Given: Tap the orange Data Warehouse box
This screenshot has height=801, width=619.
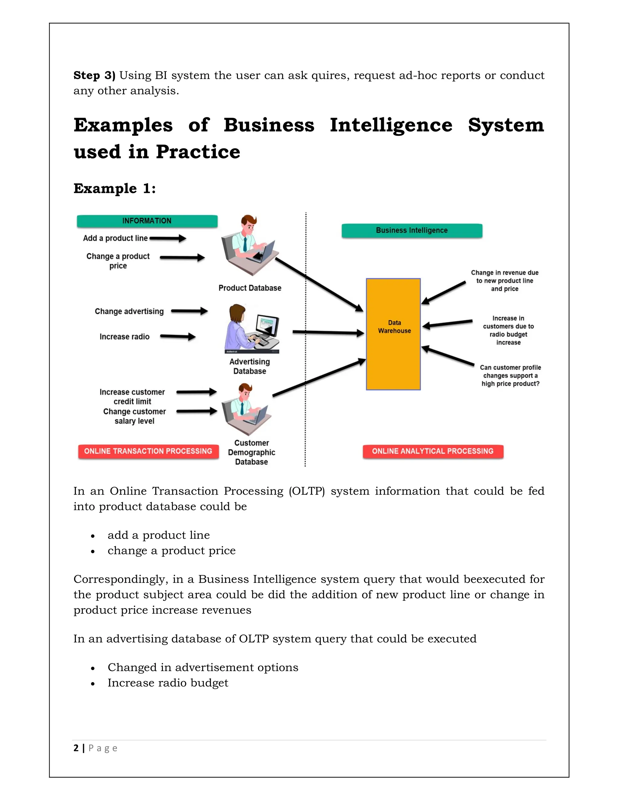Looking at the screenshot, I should [x=393, y=334].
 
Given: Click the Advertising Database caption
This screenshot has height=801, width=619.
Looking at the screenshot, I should [x=250, y=366].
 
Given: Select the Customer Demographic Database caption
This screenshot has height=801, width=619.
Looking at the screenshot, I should [x=251, y=452].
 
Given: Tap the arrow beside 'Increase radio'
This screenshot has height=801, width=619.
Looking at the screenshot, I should [x=178, y=337].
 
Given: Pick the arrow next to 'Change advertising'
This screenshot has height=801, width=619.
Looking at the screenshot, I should [x=189, y=311].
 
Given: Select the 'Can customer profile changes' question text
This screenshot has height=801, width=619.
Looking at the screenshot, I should [x=510, y=375].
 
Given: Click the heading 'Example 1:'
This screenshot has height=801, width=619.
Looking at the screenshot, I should [x=115, y=189].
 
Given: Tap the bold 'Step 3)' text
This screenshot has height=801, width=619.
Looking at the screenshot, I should [x=94, y=75].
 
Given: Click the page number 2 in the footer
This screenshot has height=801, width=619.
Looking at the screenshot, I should [x=76, y=748].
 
